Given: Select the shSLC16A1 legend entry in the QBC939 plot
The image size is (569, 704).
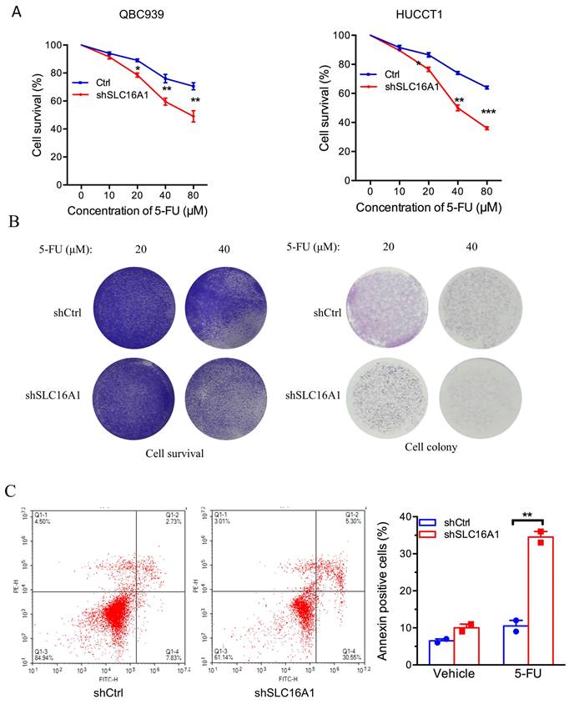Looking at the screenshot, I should (x=113, y=95).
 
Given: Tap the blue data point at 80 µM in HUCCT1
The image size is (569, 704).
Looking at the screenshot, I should (x=486, y=88).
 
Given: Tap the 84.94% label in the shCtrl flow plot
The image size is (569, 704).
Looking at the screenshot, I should (x=44, y=656).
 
